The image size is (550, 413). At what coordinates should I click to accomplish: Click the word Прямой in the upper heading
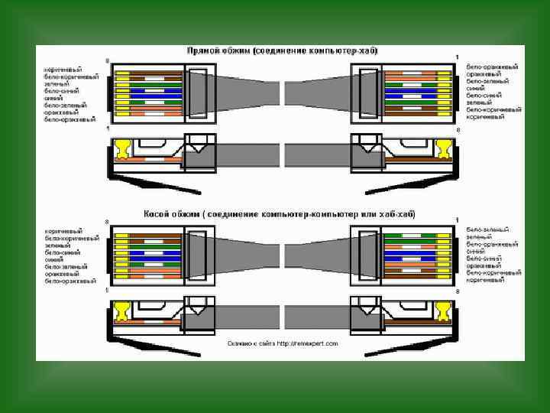(202, 50)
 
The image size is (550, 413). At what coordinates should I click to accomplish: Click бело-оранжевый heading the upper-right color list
(494, 67)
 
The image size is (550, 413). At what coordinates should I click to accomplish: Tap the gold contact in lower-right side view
(442, 310)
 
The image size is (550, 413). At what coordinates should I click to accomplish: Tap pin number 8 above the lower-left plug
(107, 222)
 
